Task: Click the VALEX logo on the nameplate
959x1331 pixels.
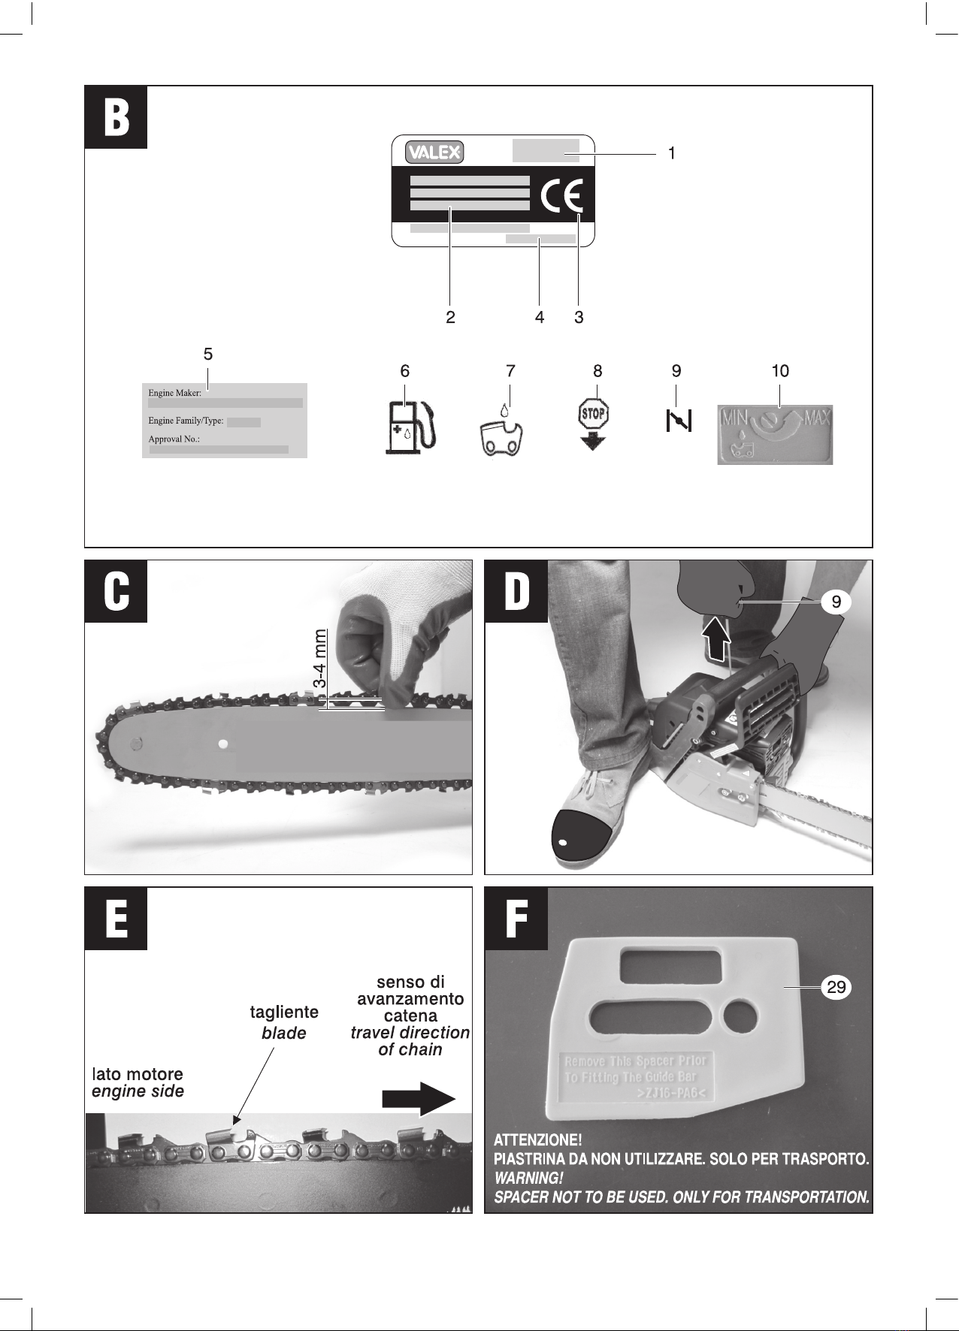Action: click(x=434, y=152)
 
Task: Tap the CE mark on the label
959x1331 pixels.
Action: click(x=562, y=197)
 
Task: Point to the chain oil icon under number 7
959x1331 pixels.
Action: click(x=504, y=436)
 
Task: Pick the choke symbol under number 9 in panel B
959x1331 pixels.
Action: click(x=679, y=421)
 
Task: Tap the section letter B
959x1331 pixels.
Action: click(x=116, y=117)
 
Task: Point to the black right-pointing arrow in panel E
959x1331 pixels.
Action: click(x=419, y=1099)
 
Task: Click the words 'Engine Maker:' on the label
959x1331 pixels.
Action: click(x=175, y=393)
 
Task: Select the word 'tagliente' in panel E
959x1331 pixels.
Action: click(x=284, y=1012)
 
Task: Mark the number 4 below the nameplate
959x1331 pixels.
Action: click(x=540, y=317)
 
